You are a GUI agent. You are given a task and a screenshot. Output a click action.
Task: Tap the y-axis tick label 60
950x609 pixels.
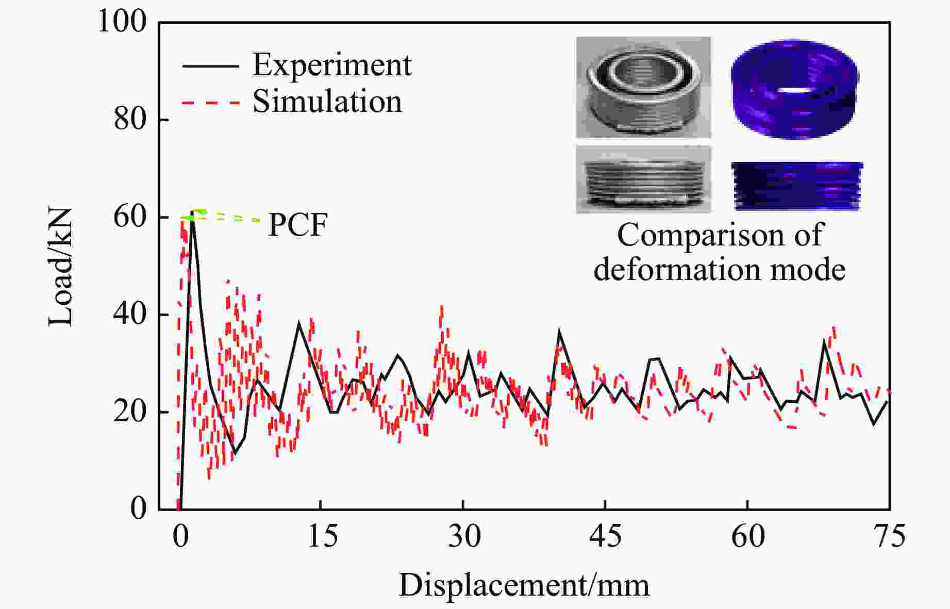pyautogui.click(x=130, y=217)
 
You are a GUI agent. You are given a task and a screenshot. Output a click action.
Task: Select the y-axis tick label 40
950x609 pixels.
pyautogui.click(x=130, y=315)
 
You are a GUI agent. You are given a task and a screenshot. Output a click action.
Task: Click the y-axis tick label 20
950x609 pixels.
pyautogui.click(x=130, y=412)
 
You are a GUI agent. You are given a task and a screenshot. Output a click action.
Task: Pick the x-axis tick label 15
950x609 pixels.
pyautogui.click(x=323, y=536)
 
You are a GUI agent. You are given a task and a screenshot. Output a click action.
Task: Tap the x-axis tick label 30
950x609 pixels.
pyautogui.click(x=464, y=536)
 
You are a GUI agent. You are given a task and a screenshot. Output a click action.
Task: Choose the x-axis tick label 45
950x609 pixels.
pyautogui.click(x=605, y=536)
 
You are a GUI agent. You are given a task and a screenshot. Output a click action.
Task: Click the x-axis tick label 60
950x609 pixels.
pyautogui.click(x=747, y=536)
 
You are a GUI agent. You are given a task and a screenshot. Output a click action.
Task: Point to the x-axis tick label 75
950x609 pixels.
pyautogui.click(x=889, y=536)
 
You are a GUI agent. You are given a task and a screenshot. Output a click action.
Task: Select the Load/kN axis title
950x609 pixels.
pyautogui.click(x=61, y=267)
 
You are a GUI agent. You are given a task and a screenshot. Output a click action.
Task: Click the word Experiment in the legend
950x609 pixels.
pyautogui.click(x=332, y=65)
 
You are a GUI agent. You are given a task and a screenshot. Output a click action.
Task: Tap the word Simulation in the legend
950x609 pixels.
pyautogui.click(x=327, y=101)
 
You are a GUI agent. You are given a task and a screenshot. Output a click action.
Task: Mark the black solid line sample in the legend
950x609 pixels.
pyautogui.click(x=210, y=67)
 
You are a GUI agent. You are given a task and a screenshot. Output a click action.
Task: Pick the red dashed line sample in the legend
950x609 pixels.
pyautogui.click(x=210, y=103)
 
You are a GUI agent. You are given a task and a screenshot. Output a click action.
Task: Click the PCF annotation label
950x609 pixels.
pyautogui.click(x=297, y=225)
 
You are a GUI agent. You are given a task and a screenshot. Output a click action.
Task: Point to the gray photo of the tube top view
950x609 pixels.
pyautogui.click(x=643, y=87)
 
